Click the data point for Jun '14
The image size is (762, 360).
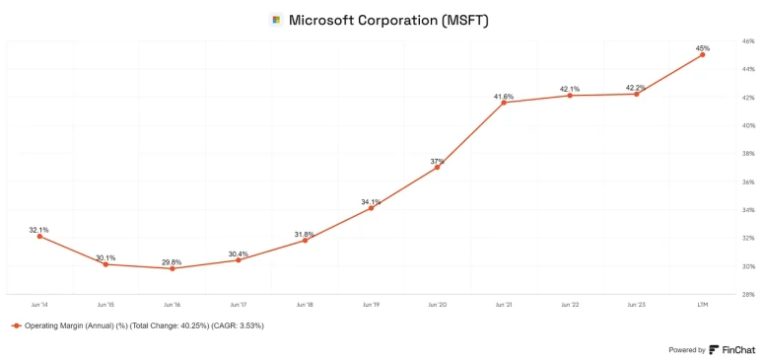(39, 236)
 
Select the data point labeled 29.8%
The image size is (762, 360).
(173, 268)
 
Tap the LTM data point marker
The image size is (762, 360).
(702, 54)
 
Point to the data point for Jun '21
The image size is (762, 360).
(504, 103)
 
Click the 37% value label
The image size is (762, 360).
(438, 161)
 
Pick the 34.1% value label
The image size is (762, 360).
(372, 202)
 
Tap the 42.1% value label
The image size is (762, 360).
(570, 89)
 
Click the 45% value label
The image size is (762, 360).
(703, 48)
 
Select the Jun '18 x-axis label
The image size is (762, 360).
(305, 305)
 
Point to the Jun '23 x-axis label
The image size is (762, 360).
(636, 305)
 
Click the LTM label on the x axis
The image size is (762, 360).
(702, 305)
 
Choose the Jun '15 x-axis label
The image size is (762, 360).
(105, 305)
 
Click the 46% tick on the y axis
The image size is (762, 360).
(748, 41)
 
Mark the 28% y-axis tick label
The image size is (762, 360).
(748, 294)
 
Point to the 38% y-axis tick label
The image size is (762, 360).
(748, 154)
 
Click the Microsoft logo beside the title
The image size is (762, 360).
(276, 20)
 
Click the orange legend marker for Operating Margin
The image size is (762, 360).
(17, 325)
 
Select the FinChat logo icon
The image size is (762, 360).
(714, 349)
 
